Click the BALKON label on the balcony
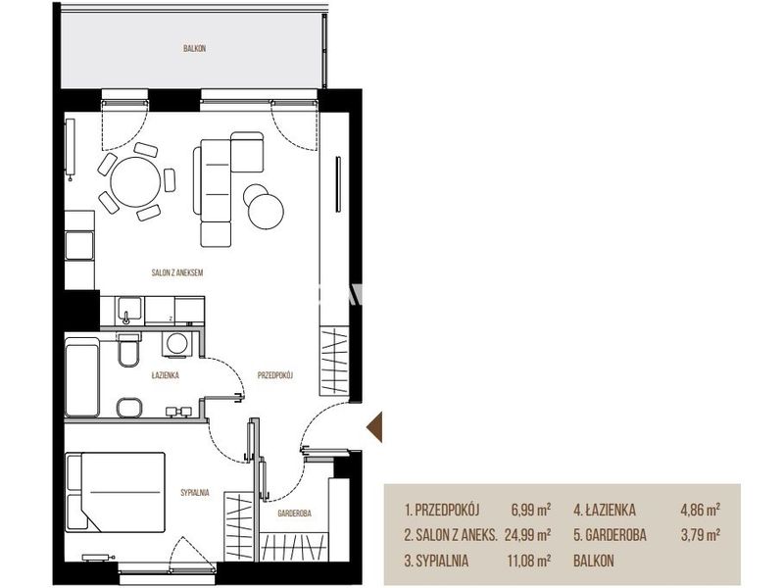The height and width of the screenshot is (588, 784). [x=194, y=48]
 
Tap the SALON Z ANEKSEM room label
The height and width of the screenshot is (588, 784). [x=177, y=273]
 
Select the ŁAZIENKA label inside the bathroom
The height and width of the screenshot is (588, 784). [x=165, y=375]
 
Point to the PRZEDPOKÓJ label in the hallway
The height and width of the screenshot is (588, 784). [x=275, y=375]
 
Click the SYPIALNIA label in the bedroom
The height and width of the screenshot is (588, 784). [x=195, y=493]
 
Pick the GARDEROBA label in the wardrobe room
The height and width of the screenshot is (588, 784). [x=295, y=513]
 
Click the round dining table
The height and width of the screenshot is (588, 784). [x=135, y=182]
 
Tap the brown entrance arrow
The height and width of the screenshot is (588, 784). [x=374, y=427]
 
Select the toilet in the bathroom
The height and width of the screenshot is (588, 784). [x=129, y=350]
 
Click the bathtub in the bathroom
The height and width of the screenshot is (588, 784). [x=82, y=377]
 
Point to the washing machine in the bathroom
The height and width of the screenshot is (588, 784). [x=176, y=345]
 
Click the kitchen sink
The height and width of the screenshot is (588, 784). [x=129, y=311]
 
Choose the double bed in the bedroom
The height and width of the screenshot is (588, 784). [x=116, y=493]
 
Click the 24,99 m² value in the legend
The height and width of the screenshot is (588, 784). [x=527, y=535]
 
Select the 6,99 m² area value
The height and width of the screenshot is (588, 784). [x=530, y=510]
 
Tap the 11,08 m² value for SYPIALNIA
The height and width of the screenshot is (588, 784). [x=529, y=561]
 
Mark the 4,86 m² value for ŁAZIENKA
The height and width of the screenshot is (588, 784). [x=700, y=510]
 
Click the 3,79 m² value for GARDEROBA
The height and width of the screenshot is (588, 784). [x=701, y=535]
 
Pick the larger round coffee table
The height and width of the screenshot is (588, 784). [x=266, y=211]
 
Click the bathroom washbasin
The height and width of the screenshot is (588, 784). [x=130, y=408]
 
